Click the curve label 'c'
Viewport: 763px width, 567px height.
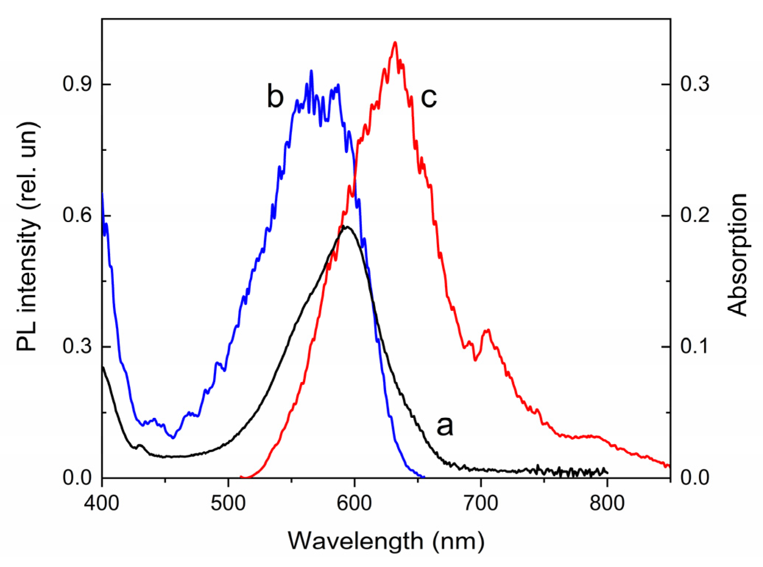tap(429, 97)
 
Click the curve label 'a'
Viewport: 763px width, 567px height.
tap(444, 426)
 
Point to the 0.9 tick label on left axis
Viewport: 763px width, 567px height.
tap(77, 84)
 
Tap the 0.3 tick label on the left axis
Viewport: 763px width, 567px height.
tap(77, 346)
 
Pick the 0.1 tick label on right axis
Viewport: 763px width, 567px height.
tap(694, 346)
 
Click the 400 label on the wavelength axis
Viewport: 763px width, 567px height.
tap(102, 503)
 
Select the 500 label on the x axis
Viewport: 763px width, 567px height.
tap(228, 503)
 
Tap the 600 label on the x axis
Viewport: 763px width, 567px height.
tap(354, 503)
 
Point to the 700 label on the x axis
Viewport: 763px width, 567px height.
tap(480, 503)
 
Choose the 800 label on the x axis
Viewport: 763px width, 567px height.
tap(607, 503)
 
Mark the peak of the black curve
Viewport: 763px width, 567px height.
tap(345, 226)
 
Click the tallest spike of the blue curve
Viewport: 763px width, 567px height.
tap(311, 71)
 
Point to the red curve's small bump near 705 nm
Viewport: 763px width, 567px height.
tap(488, 330)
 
